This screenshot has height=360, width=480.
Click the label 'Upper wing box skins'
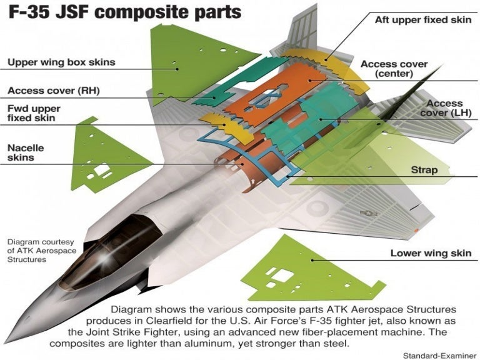click(x=61, y=62)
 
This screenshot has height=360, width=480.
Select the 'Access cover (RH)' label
click(x=54, y=91)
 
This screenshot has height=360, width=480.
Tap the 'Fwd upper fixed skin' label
click(x=34, y=113)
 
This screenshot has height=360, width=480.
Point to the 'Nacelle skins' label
click(x=29, y=152)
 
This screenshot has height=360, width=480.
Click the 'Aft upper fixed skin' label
click(x=422, y=20)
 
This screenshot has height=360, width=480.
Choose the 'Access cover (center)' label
click(x=394, y=69)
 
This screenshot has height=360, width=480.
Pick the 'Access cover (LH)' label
click(x=444, y=107)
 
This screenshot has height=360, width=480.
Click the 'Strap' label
click(x=424, y=170)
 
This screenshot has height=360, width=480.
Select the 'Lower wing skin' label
click(x=431, y=253)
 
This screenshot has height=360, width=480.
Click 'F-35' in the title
click(x=30, y=12)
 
